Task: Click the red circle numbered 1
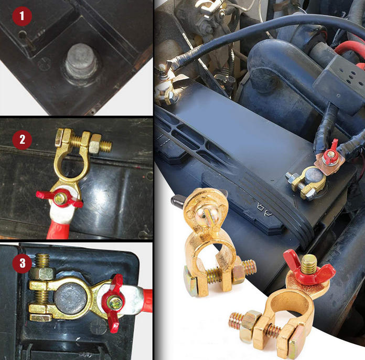(x=22, y=16)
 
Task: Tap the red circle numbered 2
(x=22, y=140)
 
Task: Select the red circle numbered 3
(x=23, y=263)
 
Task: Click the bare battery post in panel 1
(x=81, y=62)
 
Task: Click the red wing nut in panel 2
(x=60, y=198)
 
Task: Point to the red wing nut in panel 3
(x=114, y=303)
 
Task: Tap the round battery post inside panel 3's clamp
(x=71, y=299)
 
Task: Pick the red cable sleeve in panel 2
(x=59, y=229)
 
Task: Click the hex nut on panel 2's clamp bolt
(x=95, y=144)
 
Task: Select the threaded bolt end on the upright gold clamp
(x=249, y=268)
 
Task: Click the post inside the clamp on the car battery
(x=314, y=175)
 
